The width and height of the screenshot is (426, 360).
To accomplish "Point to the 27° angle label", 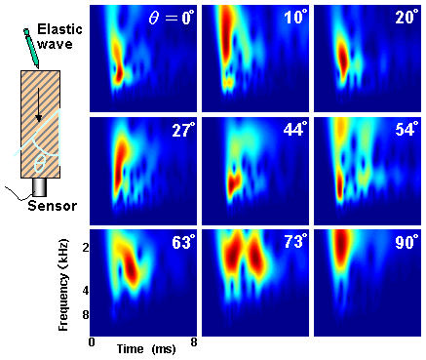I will (x=182, y=130).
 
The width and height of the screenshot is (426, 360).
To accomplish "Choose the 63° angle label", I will (x=182, y=242).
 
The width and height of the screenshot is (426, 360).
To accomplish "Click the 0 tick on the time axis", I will (x=92, y=343).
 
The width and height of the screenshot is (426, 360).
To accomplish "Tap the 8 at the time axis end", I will (x=196, y=343).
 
